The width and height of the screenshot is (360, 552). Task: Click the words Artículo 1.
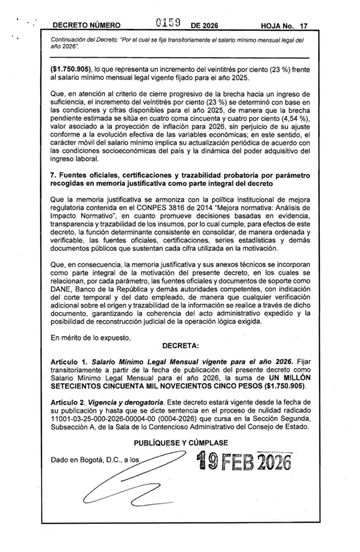tap(67, 365)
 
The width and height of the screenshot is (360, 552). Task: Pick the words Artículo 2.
tap(67, 403)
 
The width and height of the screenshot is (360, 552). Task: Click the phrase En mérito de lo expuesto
tap(90, 339)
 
